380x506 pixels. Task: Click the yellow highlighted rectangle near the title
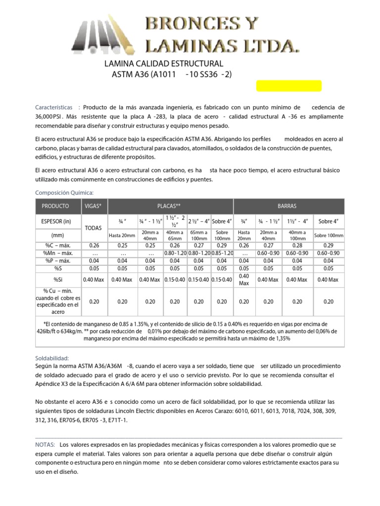(x=288, y=86)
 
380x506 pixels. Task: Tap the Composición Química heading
(x=64, y=192)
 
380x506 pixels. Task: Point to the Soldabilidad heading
(x=52, y=358)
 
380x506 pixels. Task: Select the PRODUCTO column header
(x=55, y=206)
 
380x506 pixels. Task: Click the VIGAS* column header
(x=94, y=206)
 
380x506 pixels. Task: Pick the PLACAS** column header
(x=171, y=206)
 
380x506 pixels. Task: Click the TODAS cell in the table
(x=94, y=228)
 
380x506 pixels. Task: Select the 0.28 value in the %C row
(x=297, y=245)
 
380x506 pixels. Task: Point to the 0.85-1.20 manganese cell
(x=222, y=253)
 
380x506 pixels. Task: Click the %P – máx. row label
(x=55, y=261)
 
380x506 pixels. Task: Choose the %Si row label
(x=55, y=279)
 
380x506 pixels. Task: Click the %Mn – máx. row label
(x=55, y=253)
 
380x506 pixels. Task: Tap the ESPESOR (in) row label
(x=55, y=221)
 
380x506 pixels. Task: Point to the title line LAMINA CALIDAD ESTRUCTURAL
(x=164, y=64)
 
